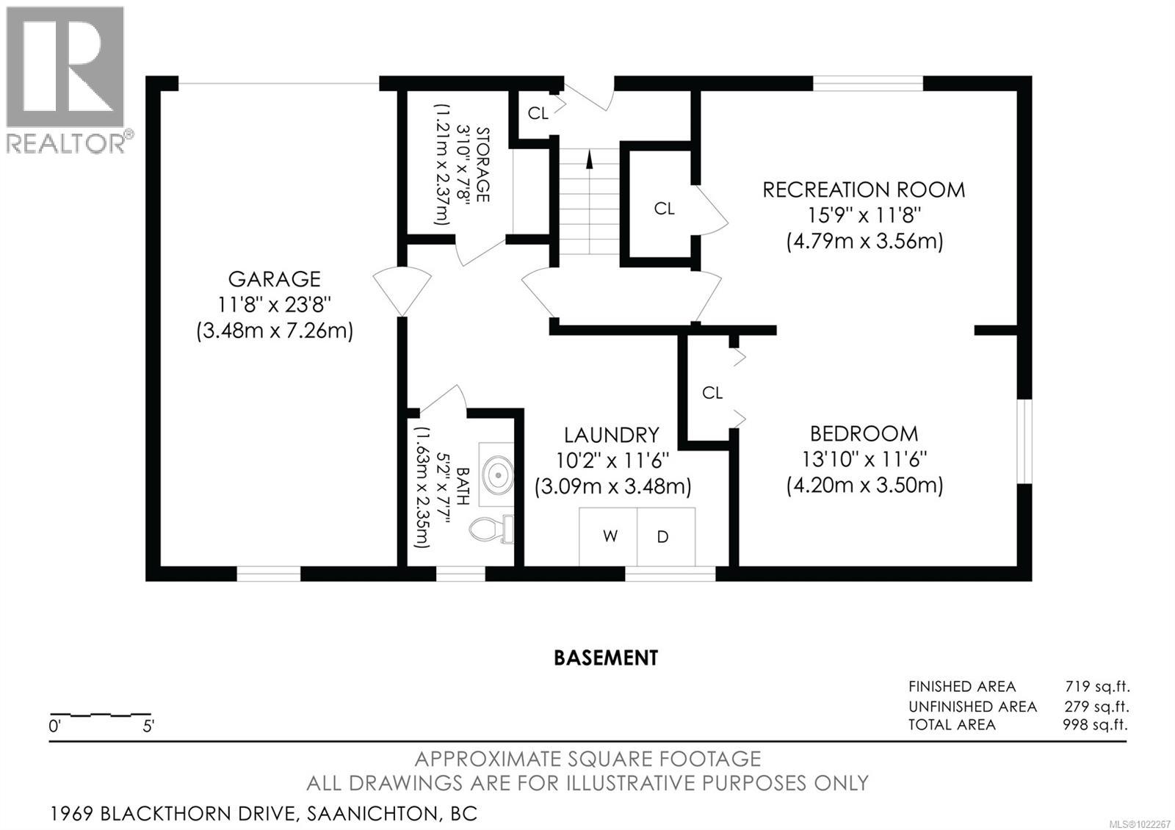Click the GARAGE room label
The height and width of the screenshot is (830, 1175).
pyautogui.click(x=274, y=279)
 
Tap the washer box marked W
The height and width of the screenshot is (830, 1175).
pyautogui.click(x=610, y=536)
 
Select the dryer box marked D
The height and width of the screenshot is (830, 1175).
pyautogui.click(x=663, y=537)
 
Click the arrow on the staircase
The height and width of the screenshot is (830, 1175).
pyautogui.click(x=588, y=159)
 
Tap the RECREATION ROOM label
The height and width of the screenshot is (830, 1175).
pyautogui.click(x=864, y=190)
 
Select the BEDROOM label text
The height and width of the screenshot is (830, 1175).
pyautogui.click(x=864, y=433)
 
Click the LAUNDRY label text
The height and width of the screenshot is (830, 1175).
pyautogui.click(x=611, y=435)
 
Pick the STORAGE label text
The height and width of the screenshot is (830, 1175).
pyautogui.click(x=482, y=165)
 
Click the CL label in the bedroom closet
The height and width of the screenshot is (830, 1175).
pyautogui.click(x=712, y=393)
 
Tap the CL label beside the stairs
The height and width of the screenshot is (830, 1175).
pyautogui.click(x=664, y=209)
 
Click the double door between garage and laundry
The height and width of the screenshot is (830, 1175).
pyautogui.click(x=402, y=292)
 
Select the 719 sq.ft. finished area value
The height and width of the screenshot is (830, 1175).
pyautogui.click(x=1097, y=687)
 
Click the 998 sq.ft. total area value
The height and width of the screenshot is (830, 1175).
pyautogui.click(x=1094, y=725)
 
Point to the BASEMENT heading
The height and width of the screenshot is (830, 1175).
pyautogui.click(x=606, y=657)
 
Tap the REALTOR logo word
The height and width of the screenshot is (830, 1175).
pyautogui.click(x=66, y=142)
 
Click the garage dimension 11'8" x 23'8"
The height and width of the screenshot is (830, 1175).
pyautogui.click(x=274, y=305)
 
